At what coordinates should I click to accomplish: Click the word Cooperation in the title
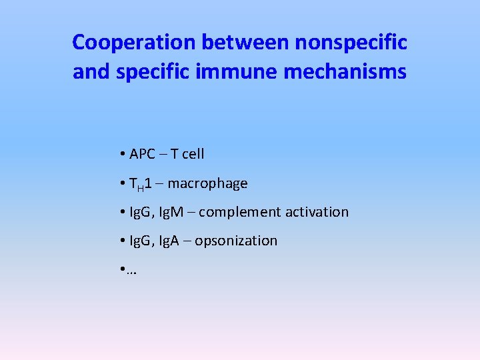134,43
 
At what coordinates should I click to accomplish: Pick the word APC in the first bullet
142,154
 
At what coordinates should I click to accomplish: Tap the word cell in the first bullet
193,154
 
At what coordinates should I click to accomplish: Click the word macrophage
207,183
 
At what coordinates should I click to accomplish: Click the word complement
240,212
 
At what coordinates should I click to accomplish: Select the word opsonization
236,241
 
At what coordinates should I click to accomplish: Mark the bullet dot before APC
124,155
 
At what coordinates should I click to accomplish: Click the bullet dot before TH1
124,183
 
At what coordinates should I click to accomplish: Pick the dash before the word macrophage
159,183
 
